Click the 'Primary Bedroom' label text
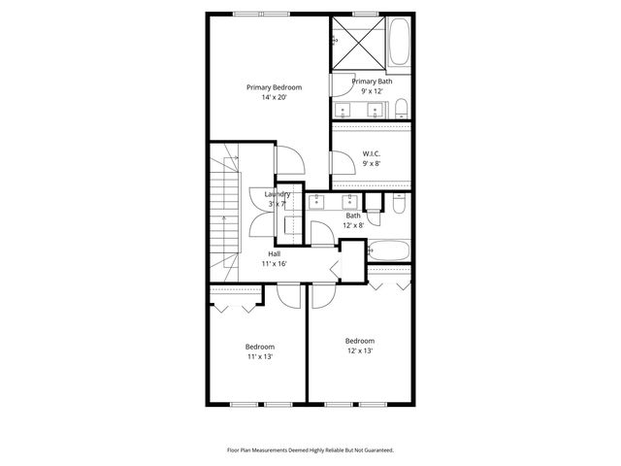point(274,87)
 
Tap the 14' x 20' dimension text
point(274,98)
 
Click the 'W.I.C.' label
point(372,153)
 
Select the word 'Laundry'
point(278,194)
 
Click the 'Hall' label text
point(275,253)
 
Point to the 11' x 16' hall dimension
point(275,264)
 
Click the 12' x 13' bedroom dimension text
point(360,351)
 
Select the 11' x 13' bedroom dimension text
point(259,357)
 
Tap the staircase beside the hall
point(226,209)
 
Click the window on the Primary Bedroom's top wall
point(262,13)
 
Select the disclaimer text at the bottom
point(310,450)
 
